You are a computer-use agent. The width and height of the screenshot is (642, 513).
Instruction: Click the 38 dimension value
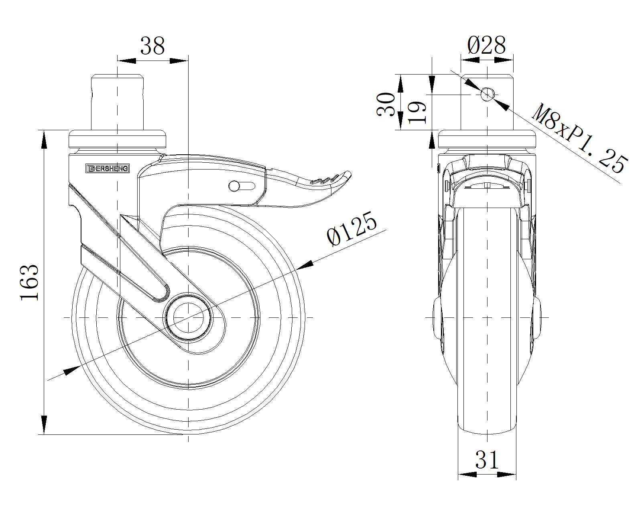[152, 46]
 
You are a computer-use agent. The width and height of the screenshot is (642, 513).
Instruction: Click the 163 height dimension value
[30, 282]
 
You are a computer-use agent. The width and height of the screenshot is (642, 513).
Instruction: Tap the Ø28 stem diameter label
[486, 45]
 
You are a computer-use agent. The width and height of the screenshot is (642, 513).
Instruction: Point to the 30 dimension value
[386, 104]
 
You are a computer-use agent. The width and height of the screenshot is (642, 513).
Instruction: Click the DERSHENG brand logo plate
[108, 169]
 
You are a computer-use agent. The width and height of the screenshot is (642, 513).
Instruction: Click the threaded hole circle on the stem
[487, 95]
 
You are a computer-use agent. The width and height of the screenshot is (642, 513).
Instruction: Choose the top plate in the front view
[487, 139]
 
